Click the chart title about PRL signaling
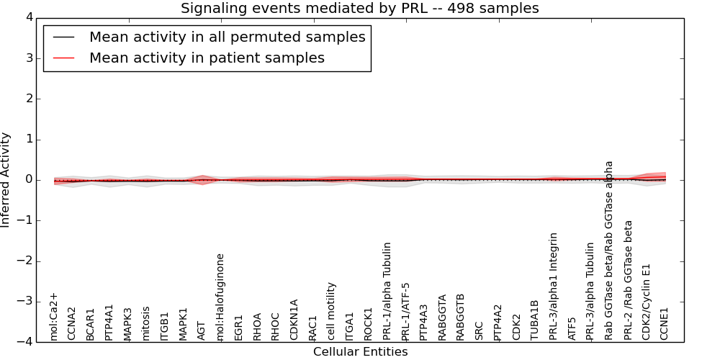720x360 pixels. tap(359, 8)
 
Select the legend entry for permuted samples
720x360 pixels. tap(227, 37)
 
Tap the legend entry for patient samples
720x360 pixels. tap(207, 58)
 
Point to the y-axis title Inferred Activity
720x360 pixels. tap(6, 179)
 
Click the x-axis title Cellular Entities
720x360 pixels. tap(360, 352)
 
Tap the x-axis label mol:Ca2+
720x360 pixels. tap(53, 316)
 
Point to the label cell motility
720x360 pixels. tap(332, 311)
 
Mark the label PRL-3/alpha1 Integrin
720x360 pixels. tap(554, 287)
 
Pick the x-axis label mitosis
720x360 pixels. tap(146, 323)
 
